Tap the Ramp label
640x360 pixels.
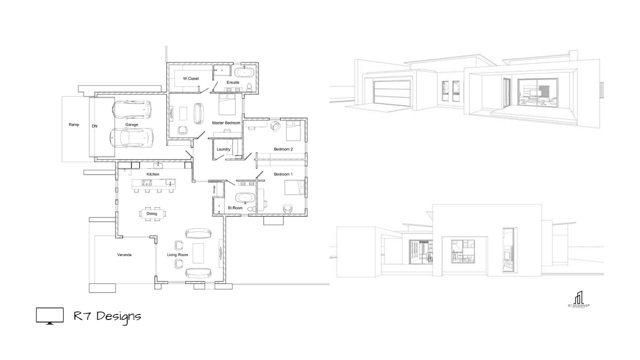pos(74,124)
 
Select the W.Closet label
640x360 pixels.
pos(190,78)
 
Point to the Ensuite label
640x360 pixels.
pos(233,82)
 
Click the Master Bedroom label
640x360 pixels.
pos(226,122)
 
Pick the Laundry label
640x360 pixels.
pos(223,149)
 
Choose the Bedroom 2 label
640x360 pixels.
pos(283,149)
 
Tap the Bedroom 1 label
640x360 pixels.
pos(283,174)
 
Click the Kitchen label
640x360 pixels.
pos(153,174)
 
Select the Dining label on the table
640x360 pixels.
pos(151,213)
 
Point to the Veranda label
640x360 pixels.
pos(124,255)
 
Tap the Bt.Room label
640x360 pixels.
pos(235,206)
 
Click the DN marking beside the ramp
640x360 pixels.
pos(94,126)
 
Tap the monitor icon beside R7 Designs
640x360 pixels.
pos(50,316)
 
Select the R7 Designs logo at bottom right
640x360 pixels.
pos(578,299)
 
